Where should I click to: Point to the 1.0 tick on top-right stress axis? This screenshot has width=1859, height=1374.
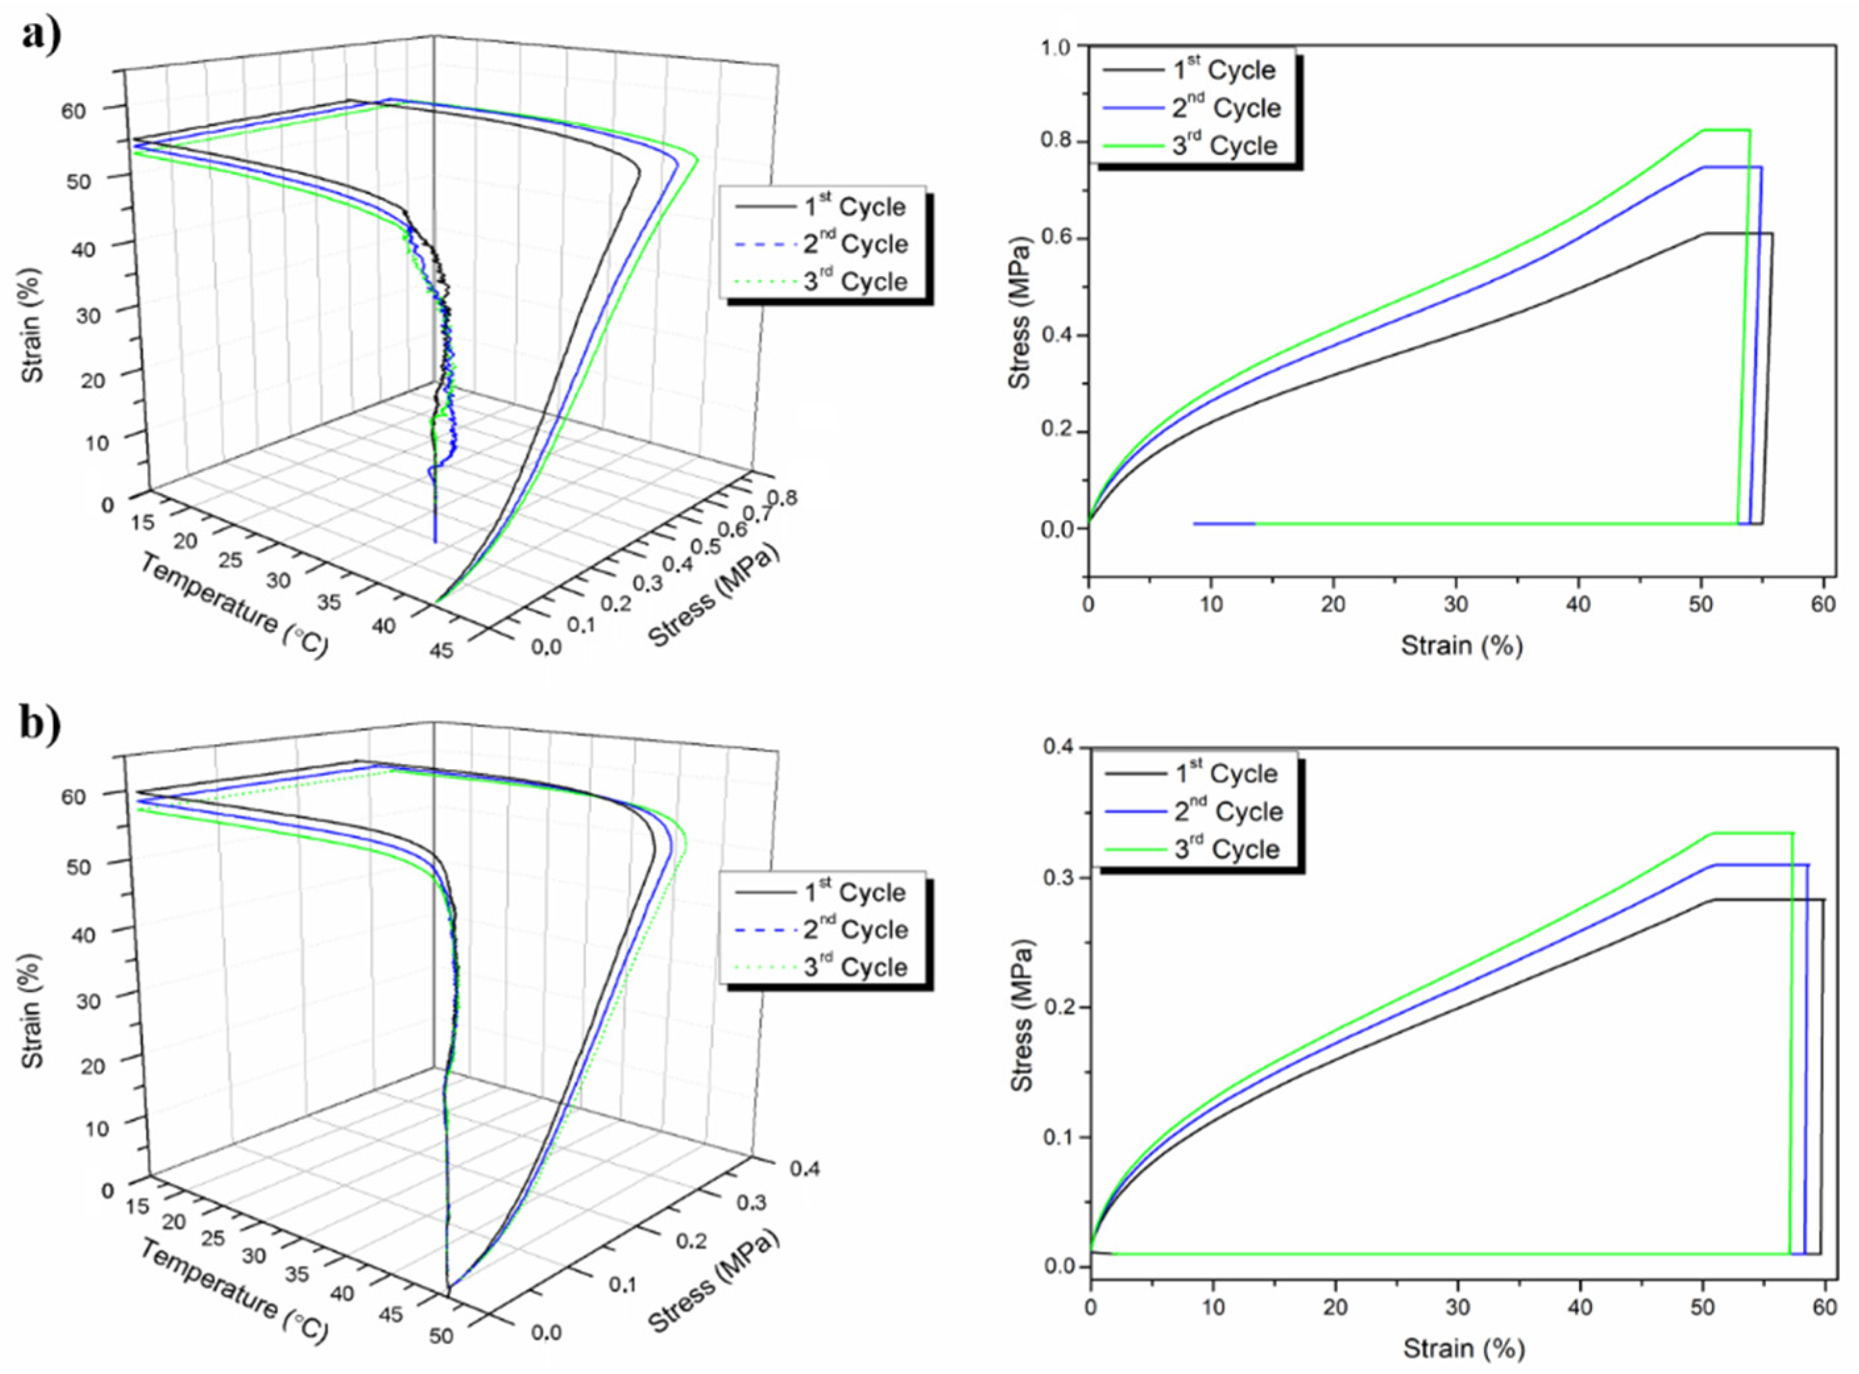click(x=1058, y=47)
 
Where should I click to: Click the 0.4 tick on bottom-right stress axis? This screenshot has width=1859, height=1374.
click(x=1060, y=749)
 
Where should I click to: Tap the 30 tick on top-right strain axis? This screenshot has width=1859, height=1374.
click(x=1456, y=604)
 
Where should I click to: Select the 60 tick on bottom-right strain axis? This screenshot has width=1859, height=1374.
click(x=1825, y=1307)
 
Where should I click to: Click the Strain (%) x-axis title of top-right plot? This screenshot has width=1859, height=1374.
click(x=1462, y=644)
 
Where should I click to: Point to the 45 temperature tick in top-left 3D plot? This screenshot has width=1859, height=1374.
click(x=442, y=650)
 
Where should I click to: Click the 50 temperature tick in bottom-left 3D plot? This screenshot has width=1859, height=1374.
click(x=442, y=1336)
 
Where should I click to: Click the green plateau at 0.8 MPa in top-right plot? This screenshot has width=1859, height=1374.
click(x=1726, y=130)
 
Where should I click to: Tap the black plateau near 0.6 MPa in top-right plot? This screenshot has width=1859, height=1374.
click(x=1738, y=234)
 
